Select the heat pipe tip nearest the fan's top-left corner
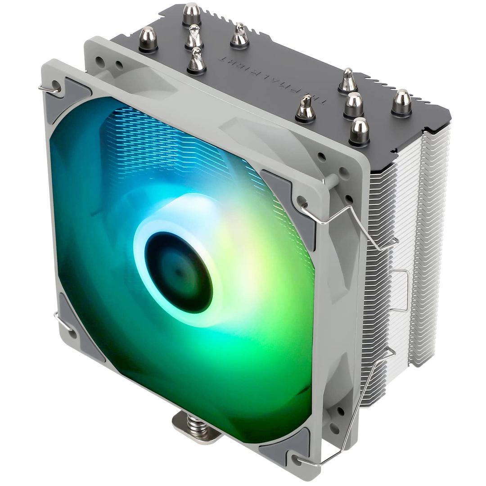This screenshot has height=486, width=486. coord(148,40)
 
